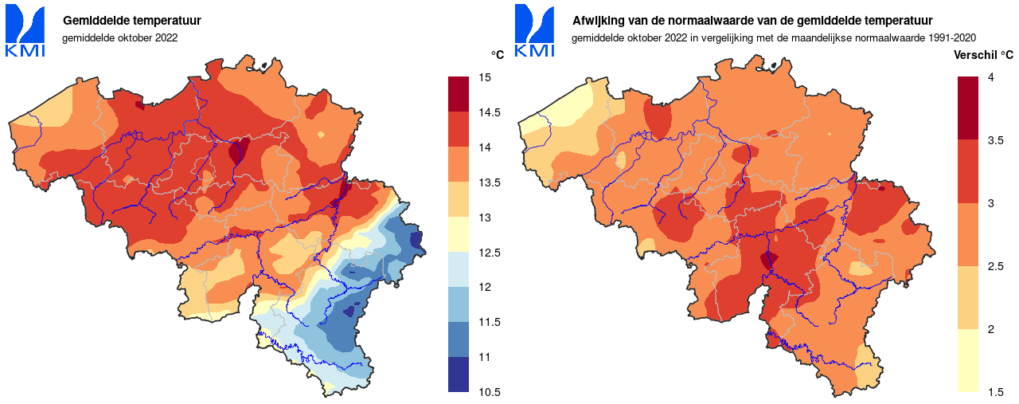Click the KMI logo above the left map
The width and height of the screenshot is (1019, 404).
(25, 31)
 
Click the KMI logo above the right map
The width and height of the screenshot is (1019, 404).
(534, 31)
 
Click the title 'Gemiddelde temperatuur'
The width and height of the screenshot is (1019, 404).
(131, 21)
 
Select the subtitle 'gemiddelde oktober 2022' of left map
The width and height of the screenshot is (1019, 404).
(119, 37)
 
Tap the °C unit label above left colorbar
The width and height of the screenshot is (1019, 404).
(498, 55)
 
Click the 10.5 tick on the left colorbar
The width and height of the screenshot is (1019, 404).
(488, 392)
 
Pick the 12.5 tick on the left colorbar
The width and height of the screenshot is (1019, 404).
(488, 253)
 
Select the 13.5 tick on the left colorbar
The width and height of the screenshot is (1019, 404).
(488, 182)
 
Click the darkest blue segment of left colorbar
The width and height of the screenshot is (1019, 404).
(458, 375)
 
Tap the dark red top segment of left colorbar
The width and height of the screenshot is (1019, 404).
(458, 95)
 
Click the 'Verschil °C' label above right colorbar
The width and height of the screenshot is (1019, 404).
(983, 55)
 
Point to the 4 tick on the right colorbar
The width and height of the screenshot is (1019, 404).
(990, 77)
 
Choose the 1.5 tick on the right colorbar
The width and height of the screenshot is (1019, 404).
(994, 392)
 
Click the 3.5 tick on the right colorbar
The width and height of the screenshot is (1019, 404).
(994, 140)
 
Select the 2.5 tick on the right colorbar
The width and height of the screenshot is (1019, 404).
(994, 266)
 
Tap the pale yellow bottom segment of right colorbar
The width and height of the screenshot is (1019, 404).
(967, 360)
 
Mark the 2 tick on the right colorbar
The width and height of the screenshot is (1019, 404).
(990, 329)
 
